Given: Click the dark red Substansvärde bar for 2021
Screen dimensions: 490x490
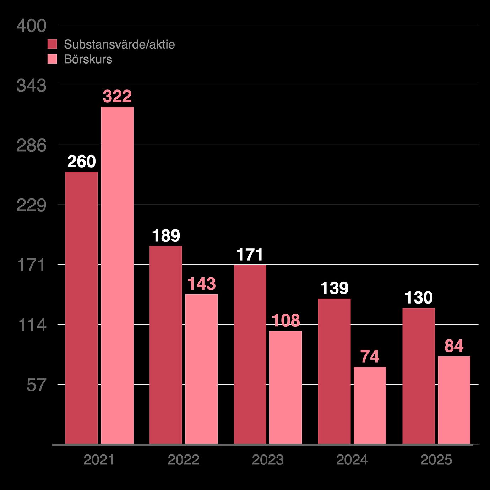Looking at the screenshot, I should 81,308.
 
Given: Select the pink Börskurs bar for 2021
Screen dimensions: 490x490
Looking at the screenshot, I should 117,275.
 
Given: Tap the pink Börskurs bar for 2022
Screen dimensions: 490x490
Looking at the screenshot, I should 201,369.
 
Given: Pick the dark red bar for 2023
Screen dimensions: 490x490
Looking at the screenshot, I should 250,354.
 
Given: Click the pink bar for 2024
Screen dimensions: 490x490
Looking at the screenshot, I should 370,405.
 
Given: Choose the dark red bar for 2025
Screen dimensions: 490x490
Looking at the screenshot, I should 418,376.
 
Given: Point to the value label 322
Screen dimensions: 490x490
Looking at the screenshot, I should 117,97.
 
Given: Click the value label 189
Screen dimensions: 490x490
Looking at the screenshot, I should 166,236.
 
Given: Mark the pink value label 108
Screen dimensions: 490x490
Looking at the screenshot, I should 286,321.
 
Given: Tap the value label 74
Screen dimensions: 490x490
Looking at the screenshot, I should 370,356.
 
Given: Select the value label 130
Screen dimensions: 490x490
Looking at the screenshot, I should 418,298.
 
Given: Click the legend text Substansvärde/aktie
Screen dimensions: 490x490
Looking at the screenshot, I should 119,44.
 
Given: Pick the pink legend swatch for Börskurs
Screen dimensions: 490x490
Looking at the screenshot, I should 52,59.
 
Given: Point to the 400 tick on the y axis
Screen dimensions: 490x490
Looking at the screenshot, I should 31,26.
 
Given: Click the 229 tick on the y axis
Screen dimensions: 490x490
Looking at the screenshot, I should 31,205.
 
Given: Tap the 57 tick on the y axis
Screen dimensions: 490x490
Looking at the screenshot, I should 36,385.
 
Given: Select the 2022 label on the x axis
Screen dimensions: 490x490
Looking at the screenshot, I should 183,460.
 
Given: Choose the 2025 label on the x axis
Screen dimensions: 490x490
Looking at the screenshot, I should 436,460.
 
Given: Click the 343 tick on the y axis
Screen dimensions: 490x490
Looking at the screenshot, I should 31,86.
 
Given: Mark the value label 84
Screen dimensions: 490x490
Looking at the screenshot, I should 454,346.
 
